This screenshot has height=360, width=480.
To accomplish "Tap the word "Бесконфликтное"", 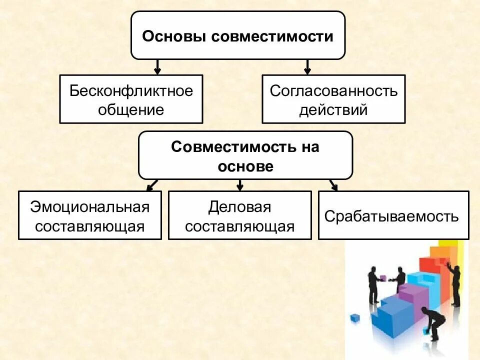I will coord(131,91).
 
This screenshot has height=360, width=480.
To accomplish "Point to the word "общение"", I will coord(131,109).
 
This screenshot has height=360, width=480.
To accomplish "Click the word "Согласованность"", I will coord(333,91).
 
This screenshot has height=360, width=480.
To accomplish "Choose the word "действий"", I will coord(333,109).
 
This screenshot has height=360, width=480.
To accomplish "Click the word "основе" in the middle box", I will coord(245,166).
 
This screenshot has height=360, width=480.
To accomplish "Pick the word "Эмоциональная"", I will coord(90,207).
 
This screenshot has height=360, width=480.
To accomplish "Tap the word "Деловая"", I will coord(239,207).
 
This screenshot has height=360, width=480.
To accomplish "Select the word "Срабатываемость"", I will coord(391,216).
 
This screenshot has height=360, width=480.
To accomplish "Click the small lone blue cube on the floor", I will coord(355,317).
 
